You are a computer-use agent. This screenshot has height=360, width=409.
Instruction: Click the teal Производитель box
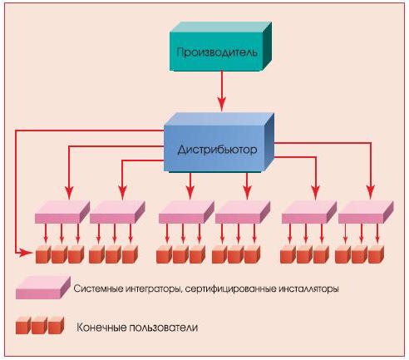click(x=220, y=47)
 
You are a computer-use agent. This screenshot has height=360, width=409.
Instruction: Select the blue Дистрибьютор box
click(x=219, y=143)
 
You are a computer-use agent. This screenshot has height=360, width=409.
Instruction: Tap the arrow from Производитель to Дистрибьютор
click(x=222, y=91)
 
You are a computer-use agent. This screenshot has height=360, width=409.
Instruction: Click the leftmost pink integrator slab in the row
click(x=62, y=212)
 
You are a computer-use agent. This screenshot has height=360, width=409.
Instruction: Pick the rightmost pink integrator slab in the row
click(x=366, y=212)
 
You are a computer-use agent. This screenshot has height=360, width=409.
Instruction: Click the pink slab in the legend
click(x=43, y=288)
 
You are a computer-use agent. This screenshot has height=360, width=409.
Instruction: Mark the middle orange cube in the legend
click(x=40, y=326)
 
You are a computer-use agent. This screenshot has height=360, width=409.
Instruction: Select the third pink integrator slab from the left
click(x=186, y=212)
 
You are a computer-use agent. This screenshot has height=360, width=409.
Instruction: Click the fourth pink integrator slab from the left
click(x=243, y=212)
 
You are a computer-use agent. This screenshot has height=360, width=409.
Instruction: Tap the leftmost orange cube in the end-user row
click(x=43, y=254)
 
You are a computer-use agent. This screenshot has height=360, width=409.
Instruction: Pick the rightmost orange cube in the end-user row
click(x=377, y=254)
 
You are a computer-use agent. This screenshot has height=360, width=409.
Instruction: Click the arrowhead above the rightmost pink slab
click(x=371, y=193)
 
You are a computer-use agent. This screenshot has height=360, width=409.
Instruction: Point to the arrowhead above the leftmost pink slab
click(x=69, y=193)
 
